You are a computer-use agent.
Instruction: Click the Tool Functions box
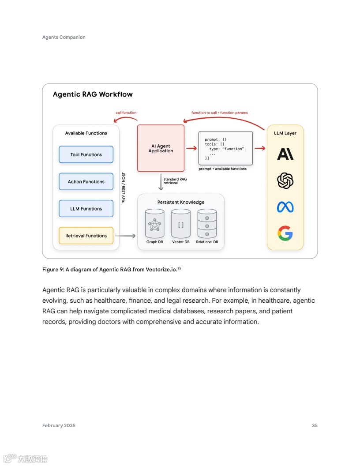tap(86, 154)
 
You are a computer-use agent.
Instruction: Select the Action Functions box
tap(86, 181)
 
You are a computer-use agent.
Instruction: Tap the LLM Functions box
tap(86, 209)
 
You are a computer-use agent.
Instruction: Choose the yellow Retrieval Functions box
tap(86, 236)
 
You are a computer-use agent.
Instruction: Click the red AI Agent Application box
tap(161, 148)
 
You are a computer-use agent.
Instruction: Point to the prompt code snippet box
tap(225, 148)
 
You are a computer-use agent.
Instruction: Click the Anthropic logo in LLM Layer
tap(285, 154)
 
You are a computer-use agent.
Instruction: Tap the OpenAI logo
tap(285, 180)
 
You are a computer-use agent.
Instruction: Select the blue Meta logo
tap(285, 207)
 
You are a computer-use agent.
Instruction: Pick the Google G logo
tap(285, 233)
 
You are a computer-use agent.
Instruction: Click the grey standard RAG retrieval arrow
tap(161, 182)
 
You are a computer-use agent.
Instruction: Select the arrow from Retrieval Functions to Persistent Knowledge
tap(125, 236)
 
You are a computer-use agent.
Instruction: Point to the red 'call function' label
tap(126, 113)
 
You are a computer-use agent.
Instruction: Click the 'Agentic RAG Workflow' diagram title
tap(93, 94)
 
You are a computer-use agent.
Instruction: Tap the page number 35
tap(315, 425)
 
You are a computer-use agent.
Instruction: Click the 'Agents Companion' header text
tap(64, 37)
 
